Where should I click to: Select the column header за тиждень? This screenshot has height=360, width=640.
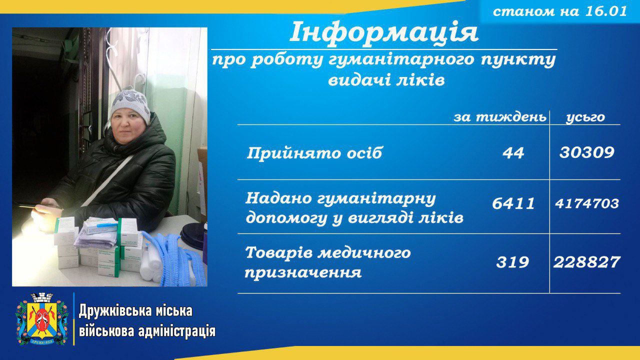pos(500,117)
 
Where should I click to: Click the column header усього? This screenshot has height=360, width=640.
pos(585,117)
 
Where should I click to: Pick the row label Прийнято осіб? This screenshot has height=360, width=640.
pos(314,153)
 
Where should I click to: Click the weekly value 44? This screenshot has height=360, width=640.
pos(513,152)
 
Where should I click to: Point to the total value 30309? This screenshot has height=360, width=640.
pos(587,152)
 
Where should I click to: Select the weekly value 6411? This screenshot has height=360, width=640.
pos(513,203)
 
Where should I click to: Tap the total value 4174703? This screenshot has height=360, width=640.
pos(587,203)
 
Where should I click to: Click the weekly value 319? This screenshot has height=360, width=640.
pos(512,262)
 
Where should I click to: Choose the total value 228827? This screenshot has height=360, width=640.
pos(587,262)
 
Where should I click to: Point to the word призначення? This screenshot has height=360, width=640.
pos(303,272)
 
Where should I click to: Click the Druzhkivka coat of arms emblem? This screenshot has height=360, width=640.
pos(42,319)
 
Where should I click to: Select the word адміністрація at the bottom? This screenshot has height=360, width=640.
pos(176,332)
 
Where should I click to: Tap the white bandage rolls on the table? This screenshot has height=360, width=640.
pos(150,266)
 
